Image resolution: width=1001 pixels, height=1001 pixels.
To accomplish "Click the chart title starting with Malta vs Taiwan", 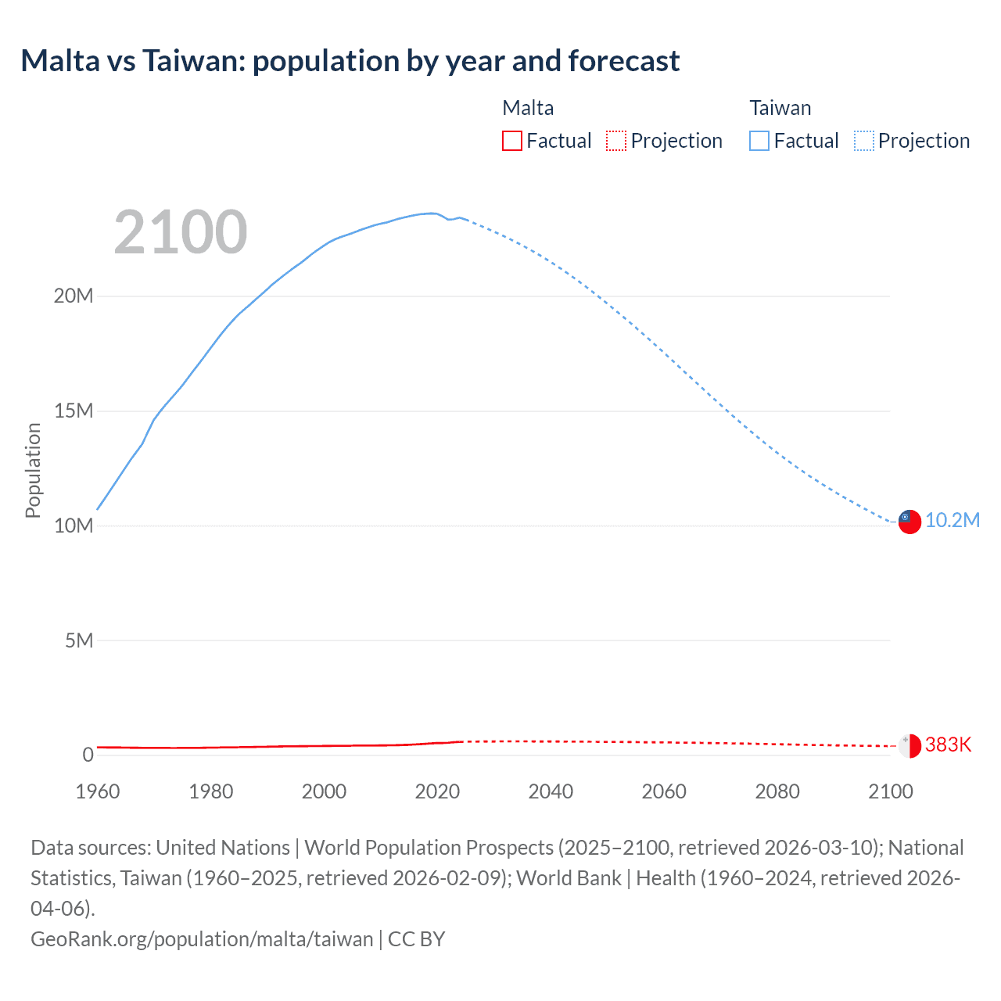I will coord(350,61).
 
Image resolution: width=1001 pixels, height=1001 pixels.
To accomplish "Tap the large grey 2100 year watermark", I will coord(181,232).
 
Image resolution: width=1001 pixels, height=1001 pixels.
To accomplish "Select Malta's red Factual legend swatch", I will coord(512,141).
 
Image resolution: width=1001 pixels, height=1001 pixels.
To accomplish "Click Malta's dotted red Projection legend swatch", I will coord(616,141).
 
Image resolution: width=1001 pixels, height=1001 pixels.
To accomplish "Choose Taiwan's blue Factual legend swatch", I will coord(759,141).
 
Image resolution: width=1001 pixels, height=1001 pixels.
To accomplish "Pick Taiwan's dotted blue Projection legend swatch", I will coord(864,141).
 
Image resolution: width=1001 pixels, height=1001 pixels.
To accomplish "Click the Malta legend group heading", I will coord(528,108).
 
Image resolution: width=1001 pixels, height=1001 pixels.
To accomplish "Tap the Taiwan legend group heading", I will coord(780,108).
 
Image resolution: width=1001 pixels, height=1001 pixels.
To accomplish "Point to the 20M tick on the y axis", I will coord(74,296).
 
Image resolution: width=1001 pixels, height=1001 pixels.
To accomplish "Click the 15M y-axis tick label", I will coord(74,411).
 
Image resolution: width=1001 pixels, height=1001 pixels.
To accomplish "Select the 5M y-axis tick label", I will coord(79,641).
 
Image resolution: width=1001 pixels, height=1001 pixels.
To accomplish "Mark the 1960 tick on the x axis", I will coord(98,791).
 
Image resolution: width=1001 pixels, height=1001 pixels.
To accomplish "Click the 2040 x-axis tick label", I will coord(551,791).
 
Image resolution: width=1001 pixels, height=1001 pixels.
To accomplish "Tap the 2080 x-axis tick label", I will coord(777,791).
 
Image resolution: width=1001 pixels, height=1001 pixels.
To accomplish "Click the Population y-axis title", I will coord(33,470).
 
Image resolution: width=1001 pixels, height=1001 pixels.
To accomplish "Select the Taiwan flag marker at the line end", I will coord(909,522).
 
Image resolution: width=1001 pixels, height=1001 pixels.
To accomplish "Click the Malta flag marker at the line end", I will coord(909,746).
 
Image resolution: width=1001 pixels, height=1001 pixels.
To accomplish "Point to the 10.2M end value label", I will coord(952,521).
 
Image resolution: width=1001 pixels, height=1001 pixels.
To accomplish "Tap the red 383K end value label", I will coord(948,745).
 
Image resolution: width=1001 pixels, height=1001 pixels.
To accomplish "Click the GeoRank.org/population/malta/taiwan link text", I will coord(202,939).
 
